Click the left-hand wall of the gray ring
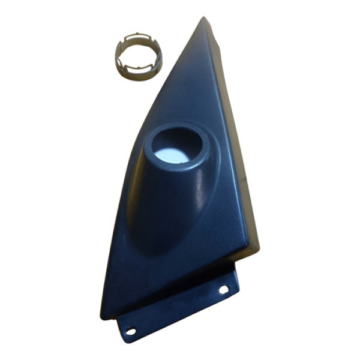point(119,58)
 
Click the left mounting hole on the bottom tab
point(130,330)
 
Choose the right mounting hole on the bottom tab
point(223,289)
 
